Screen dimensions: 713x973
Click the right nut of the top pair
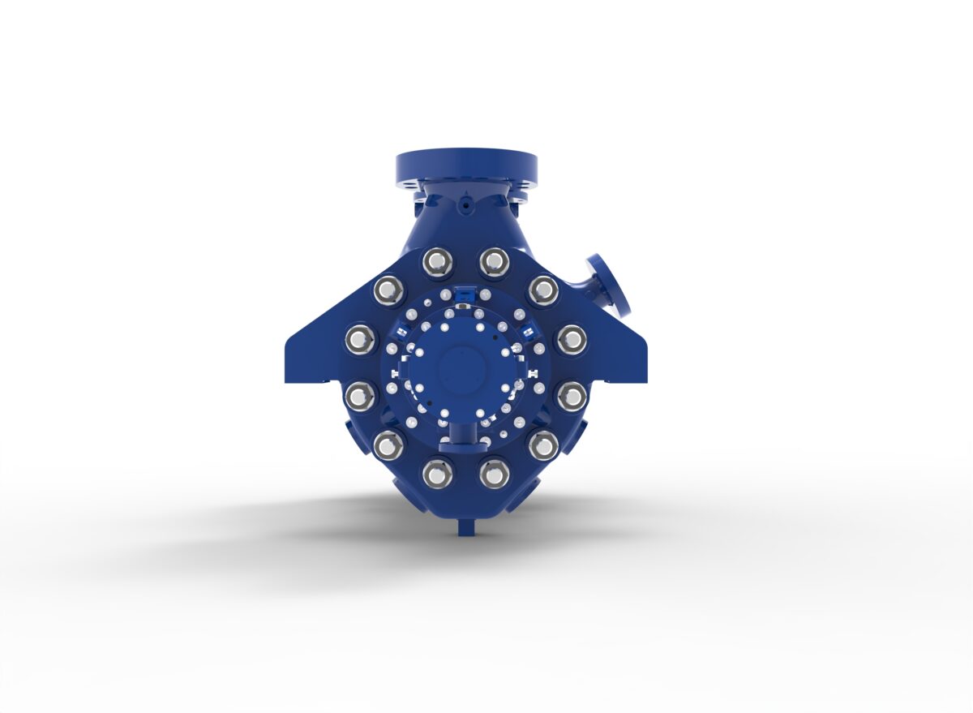coord(494,261)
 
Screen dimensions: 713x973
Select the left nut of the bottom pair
coord(438,473)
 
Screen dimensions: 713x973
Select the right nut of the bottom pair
coord(494,473)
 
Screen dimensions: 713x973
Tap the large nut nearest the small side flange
coord(542,290)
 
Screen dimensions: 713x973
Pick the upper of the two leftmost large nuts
coord(360,339)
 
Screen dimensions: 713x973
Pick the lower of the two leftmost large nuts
coord(360,396)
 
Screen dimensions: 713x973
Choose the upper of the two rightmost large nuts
coord(571,339)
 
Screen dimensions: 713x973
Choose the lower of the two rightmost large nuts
coord(571,396)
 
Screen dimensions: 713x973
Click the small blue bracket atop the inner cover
coord(465,294)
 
